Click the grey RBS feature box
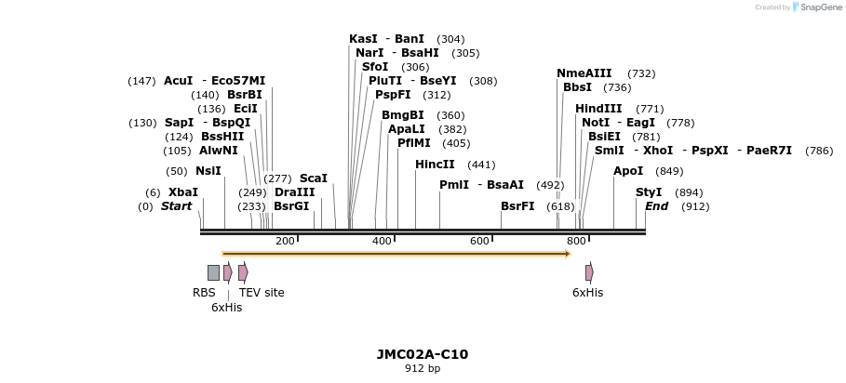coord(213,272)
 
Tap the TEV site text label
coord(262,293)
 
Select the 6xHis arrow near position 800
coord(589,272)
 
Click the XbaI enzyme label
coord(183,192)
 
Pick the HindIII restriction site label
coord(598,109)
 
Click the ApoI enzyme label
coord(628,171)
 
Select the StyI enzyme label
coord(649,192)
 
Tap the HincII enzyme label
coord(435,165)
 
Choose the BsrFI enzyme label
coord(517,206)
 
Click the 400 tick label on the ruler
coord(382,242)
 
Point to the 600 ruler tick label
coord(479,242)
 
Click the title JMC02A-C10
coord(423,354)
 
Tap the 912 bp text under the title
coord(423,369)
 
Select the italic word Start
coord(176,206)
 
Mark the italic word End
coord(656,206)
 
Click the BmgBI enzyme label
coord(402,115)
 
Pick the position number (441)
coord(481,165)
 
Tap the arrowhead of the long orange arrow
coord(566,253)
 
